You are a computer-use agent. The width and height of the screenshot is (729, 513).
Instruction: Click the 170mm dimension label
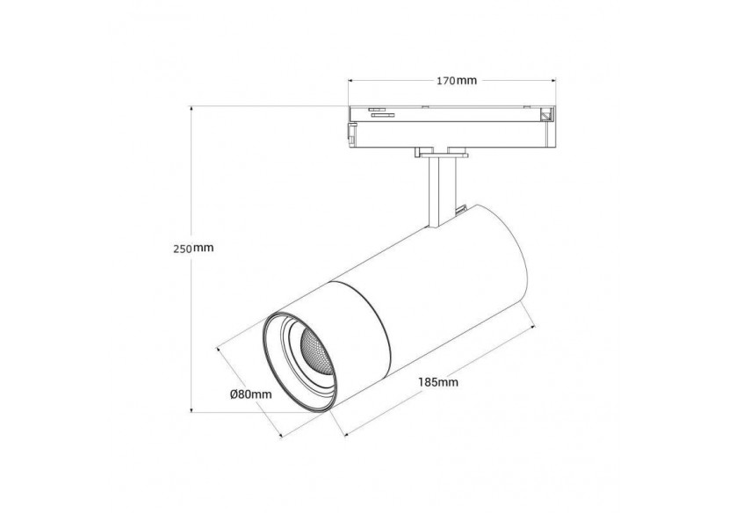[x=456, y=81]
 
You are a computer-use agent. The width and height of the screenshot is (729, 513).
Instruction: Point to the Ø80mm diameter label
[x=251, y=394]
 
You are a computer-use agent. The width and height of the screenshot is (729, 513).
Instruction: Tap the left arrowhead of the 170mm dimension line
[x=351, y=81]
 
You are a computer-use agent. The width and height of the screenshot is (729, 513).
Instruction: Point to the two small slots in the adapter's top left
[x=379, y=112]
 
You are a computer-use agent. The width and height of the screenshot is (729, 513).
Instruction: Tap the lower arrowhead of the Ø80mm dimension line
[x=279, y=438]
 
